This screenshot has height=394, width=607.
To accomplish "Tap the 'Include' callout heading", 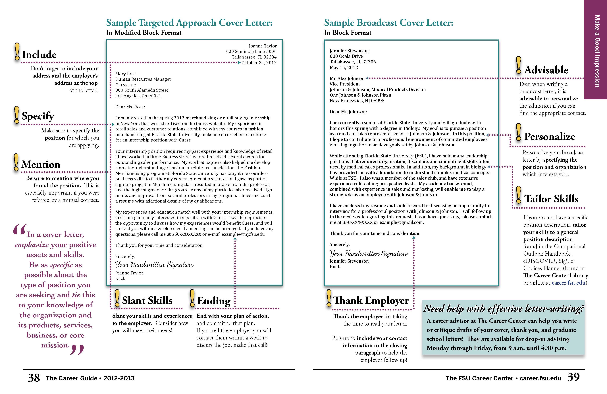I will click(39, 55).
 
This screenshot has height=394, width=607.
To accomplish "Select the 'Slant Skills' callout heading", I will click(147, 300).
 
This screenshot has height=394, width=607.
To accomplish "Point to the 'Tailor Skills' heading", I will click(551, 199).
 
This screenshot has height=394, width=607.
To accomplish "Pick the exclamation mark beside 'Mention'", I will click(16, 162).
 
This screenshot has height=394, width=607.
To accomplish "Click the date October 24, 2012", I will click(259, 63).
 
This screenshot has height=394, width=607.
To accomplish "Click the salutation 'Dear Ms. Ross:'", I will click(130, 107).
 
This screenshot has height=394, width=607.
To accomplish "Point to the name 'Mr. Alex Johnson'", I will click(347, 79).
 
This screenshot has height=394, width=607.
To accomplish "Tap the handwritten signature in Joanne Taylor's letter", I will click(154, 264).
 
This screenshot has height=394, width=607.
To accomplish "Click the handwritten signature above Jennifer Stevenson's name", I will click(369, 253).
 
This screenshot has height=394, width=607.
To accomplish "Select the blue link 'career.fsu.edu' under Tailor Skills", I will click(568, 283).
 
